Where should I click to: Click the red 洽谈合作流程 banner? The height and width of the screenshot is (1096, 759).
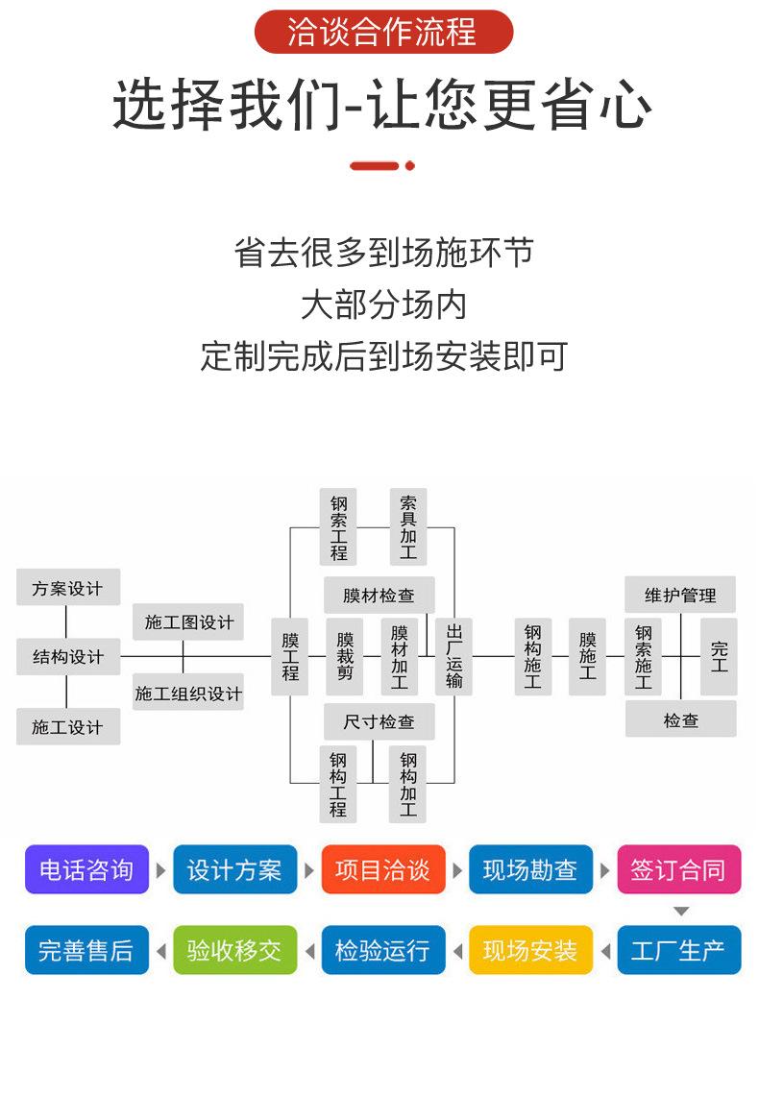pos(383,32)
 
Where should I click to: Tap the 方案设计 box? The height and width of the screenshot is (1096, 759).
pos(67,588)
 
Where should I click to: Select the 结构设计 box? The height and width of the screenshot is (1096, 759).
pos(67,657)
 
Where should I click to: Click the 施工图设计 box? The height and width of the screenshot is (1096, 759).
pos(188,622)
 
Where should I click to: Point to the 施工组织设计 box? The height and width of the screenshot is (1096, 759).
pos(188,693)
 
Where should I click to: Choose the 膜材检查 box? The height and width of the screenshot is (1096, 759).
pos(379,596)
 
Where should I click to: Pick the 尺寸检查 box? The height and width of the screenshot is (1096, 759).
pos(379,721)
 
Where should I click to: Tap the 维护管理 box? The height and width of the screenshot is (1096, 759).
pos(680,596)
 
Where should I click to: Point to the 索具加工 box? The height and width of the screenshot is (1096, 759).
pos(408,527)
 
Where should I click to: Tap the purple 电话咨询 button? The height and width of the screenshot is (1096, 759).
pos(86,870)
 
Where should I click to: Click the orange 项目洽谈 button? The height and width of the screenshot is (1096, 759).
pos(383,870)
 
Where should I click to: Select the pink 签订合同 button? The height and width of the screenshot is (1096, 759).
pos(679,870)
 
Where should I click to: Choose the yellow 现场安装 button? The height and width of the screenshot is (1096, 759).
pos(530,951)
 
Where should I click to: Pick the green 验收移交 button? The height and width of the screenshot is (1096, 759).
pos(234,951)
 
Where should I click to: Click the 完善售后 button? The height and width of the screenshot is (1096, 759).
pos(86,951)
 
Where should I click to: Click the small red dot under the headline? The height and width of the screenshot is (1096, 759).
pos(410,166)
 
